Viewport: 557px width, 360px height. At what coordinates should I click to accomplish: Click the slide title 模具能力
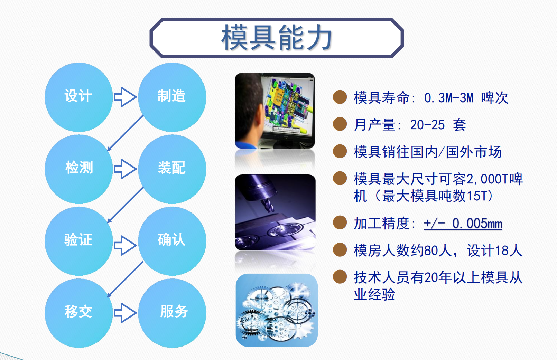point(277,38)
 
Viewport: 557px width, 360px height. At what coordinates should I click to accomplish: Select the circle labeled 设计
point(78,97)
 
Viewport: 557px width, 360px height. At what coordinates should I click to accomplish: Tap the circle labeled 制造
point(172,97)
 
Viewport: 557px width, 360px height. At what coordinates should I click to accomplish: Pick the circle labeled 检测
point(78,169)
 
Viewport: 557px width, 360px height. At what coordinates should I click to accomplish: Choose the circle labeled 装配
point(172,169)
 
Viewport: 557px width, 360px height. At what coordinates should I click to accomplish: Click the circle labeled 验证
point(78,241)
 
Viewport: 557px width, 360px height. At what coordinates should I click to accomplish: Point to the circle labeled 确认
point(172,241)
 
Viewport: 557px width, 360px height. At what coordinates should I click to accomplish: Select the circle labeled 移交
point(78,313)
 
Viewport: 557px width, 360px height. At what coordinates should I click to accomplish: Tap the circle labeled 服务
point(172,313)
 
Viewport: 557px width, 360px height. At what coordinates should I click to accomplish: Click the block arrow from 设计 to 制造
point(125,97)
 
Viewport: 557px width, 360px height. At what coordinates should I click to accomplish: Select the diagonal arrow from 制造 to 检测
point(125,133)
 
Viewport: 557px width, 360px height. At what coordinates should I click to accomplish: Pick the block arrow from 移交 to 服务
point(125,313)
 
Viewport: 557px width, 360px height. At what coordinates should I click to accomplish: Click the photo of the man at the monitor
point(275,111)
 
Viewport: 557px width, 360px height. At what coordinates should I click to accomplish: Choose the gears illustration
point(277,310)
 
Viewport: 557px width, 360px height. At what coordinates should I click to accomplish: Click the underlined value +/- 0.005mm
point(463,223)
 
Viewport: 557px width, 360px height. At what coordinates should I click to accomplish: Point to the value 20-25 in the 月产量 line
point(427,125)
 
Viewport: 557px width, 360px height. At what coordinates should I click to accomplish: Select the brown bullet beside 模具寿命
point(340,97)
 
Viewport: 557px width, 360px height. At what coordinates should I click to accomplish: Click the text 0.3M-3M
point(448,98)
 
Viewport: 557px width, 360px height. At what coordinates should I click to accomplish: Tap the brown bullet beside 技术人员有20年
point(340,277)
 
